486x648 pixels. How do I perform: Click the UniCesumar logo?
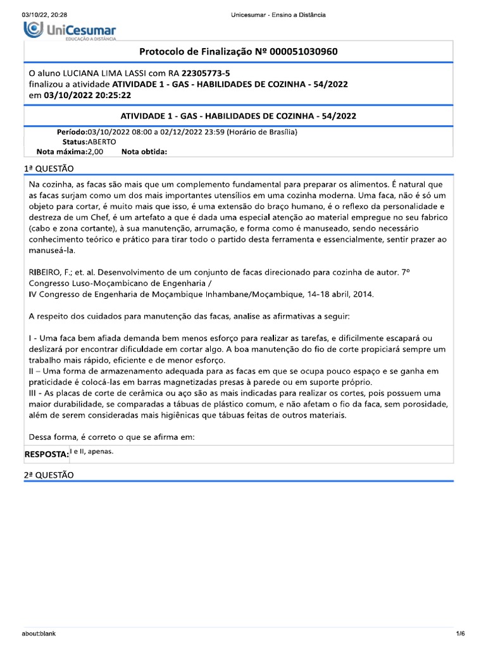click(70, 30)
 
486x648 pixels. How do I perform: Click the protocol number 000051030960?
click(299, 51)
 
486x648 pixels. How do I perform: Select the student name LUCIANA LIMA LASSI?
click(115, 73)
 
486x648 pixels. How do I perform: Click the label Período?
click(72, 132)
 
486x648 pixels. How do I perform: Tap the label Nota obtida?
click(144, 152)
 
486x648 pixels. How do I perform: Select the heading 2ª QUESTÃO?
click(49, 475)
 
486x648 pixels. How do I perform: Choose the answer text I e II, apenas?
click(92, 452)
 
